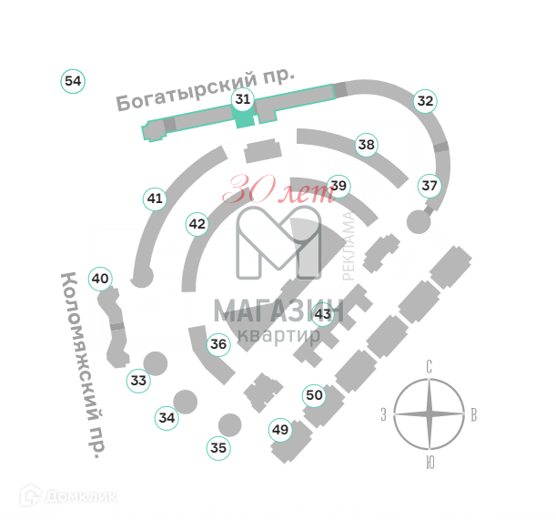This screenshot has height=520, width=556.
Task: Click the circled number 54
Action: point(73,81)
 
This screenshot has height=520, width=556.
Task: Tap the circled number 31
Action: point(242,99)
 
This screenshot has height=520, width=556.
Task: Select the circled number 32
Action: point(425,101)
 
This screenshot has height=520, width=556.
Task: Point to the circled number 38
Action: point(366,144)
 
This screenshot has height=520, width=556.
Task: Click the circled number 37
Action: point(430,186)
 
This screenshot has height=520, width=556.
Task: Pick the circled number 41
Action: point(155,198)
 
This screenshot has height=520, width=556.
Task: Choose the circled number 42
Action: point(197,223)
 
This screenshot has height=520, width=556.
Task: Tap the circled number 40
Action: point(100,279)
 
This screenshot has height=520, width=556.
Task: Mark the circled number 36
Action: point(218,344)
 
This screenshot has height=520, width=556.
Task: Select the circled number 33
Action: point(137,380)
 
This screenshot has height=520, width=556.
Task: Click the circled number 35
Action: point(217,447)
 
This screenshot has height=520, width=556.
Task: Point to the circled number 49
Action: point(279,430)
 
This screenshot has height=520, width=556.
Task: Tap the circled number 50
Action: point(314,395)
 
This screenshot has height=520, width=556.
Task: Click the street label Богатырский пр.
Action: point(205,89)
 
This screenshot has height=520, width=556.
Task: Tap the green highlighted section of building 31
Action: point(243,119)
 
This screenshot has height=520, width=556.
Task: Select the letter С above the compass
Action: point(429,367)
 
